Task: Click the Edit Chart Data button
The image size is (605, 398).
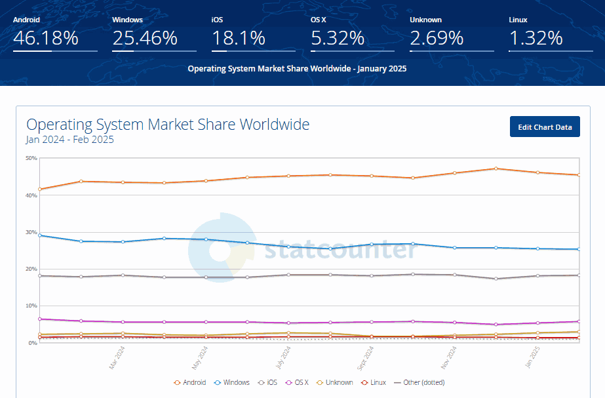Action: pyautogui.click(x=545, y=127)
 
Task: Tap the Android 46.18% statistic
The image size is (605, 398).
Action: pyautogui.click(x=46, y=38)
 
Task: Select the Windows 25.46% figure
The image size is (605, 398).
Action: pyautogui.click(x=145, y=38)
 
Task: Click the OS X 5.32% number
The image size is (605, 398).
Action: pyautogui.click(x=338, y=38)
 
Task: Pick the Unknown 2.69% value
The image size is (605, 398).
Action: pyautogui.click(x=437, y=38)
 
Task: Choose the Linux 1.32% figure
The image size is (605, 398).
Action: pyautogui.click(x=536, y=38)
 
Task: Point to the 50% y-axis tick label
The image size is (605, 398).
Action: pyautogui.click(x=31, y=158)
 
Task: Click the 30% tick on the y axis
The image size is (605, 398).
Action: pyautogui.click(x=31, y=232)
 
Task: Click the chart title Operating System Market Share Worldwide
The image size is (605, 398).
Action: pyautogui.click(x=168, y=125)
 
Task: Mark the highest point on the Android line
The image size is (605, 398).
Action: pyautogui.click(x=496, y=169)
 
